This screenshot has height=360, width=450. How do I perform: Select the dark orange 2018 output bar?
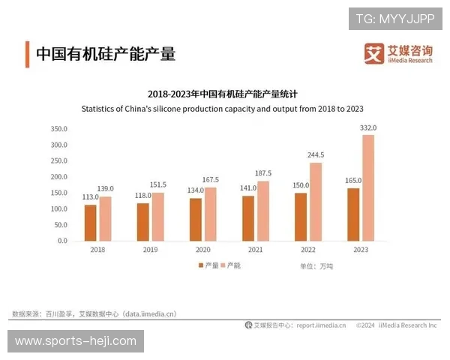[90, 223]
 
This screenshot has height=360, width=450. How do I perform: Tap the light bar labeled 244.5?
[315, 202]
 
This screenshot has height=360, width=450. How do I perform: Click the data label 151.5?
[157, 184]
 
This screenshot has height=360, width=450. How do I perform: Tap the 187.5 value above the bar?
[263, 173]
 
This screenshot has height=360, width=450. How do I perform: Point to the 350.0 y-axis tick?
[59, 129]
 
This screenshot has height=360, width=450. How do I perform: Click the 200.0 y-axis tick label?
[59, 177]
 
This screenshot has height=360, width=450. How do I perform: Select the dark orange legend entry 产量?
[208, 266]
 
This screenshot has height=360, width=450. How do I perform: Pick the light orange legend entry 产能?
[230, 266]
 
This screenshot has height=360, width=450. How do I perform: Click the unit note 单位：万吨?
[315, 266]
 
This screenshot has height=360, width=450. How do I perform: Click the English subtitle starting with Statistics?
[223, 109]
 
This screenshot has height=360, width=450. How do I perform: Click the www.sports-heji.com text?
[75, 341]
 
